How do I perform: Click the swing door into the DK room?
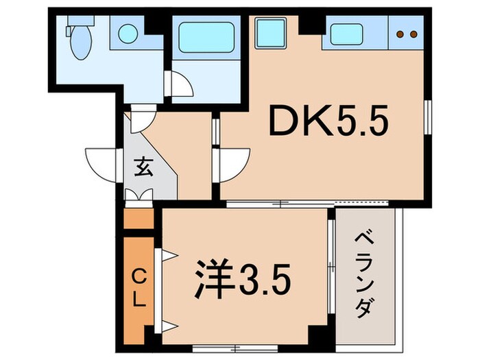coord(232,163)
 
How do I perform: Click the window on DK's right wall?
coord(428,121)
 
